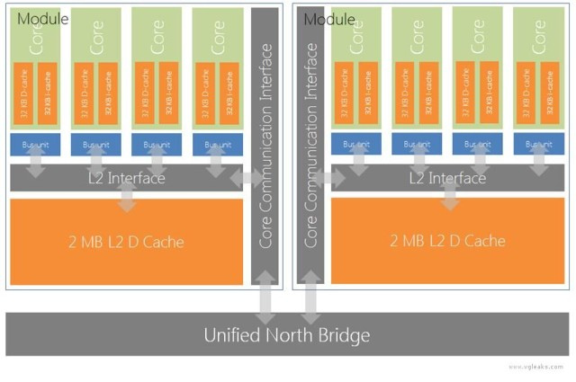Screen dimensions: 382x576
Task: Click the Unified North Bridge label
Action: click(x=286, y=335)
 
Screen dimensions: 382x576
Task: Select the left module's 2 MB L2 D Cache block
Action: click(x=127, y=241)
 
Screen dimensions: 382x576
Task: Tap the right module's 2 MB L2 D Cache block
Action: click(x=447, y=241)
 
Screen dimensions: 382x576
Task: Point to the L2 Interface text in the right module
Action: click(x=447, y=178)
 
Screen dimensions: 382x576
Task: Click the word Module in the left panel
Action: click(x=42, y=18)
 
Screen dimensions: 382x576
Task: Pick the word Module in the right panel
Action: click(x=328, y=18)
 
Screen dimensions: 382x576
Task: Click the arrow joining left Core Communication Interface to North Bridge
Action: click(x=266, y=300)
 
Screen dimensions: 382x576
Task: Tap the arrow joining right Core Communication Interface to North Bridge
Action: click(x=310, y=300)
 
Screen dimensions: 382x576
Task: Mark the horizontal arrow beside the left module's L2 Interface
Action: click(x=246, y=179)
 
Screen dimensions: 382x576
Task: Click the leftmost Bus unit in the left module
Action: click(x=33, y=144)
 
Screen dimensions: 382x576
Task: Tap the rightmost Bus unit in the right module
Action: click(x=538, y=144)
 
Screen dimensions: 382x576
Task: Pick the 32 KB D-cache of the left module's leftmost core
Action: click(x=22, y=95)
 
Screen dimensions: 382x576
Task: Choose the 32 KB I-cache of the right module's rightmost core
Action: click(x=549, y=95)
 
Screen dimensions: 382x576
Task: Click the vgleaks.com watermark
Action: click(x=537, y=367)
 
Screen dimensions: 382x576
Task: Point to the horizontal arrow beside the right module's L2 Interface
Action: click(x=328, y=179)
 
